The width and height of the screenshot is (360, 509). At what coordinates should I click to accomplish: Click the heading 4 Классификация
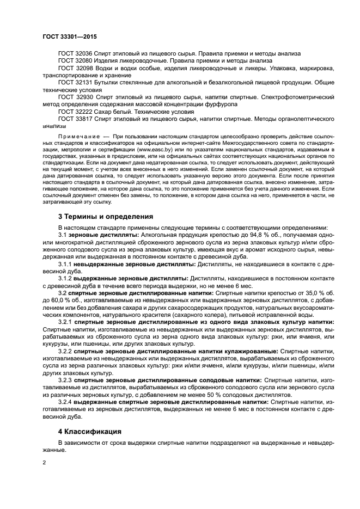click(x=91, y=431)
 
